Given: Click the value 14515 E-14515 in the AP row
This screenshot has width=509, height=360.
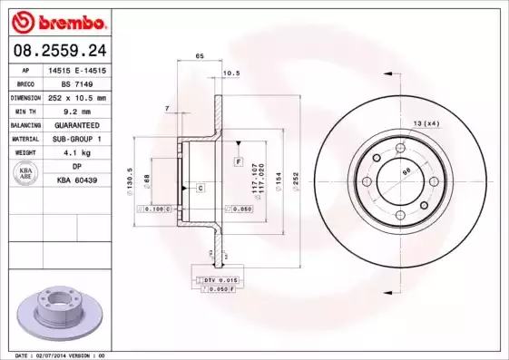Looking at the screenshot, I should (77, 69).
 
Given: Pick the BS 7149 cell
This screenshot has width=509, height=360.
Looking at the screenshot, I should (77, 83).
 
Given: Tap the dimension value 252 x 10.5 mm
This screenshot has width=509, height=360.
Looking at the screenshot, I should (77, 97).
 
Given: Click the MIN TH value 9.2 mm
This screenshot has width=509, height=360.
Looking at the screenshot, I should (77, 111).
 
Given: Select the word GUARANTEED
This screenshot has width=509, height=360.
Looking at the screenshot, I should (77, 124).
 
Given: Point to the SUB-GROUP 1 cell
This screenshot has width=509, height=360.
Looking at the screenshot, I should (77, 139).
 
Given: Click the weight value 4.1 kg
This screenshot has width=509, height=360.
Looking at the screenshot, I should (77, 153).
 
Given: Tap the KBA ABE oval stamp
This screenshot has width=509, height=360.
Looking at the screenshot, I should (26, 174).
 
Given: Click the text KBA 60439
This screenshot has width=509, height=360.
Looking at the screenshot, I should (77, 181).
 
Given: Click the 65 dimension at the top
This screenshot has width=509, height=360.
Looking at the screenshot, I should (199, 57).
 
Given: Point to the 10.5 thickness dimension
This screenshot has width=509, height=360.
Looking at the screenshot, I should (231, 72).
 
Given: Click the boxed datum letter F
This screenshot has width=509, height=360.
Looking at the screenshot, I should (238, 161).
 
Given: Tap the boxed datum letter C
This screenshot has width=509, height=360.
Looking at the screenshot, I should (200, 188).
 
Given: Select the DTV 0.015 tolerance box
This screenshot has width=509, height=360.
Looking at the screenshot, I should (217, 280).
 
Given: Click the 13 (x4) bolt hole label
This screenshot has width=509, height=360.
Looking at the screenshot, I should (426, 122).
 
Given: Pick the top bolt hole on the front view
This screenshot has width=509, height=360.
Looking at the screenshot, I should (400, 148).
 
